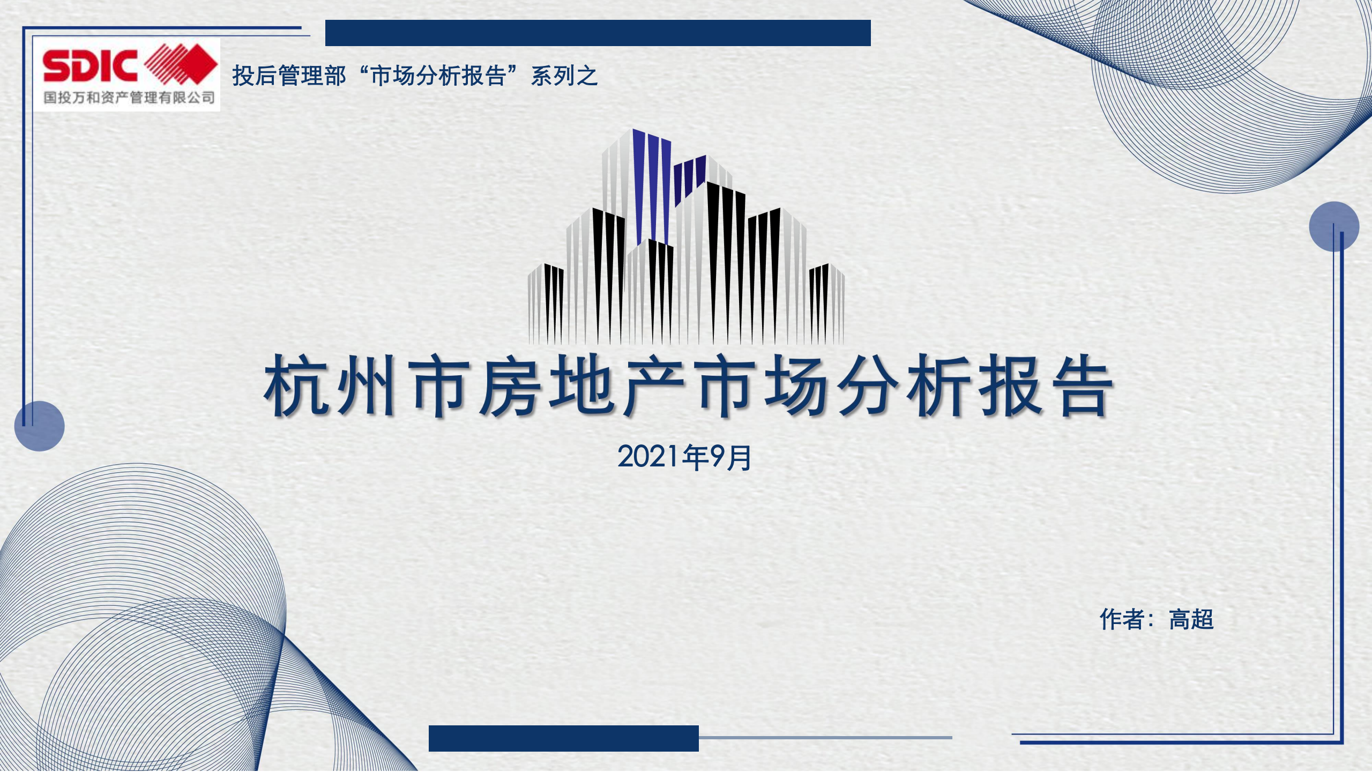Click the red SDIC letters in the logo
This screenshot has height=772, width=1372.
click(90, 65)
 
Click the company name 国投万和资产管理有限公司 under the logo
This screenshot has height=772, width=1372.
click(129, 98)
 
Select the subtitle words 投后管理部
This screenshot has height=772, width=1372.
click(289, 76)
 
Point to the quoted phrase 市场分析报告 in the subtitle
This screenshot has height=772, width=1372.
click(438, 76)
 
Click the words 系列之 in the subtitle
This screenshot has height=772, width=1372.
click(564, 76)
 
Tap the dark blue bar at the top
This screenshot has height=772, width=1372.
click(598, 33)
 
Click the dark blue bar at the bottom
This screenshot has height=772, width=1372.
click(564, 738)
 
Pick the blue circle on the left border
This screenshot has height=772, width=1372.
click(39, 426)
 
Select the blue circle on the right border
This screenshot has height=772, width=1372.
click(1334, 227)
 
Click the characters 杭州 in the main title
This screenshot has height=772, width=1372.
click(331, 385)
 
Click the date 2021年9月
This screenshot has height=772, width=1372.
click(684, 457)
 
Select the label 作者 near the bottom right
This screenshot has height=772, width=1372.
click(1122, 619)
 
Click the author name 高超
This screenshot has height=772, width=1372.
click(1191, 619)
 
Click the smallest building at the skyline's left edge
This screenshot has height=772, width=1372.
click(546, 303)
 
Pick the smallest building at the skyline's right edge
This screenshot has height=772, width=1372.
click(827, 303)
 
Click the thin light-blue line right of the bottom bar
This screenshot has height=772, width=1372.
click(825, 738)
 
